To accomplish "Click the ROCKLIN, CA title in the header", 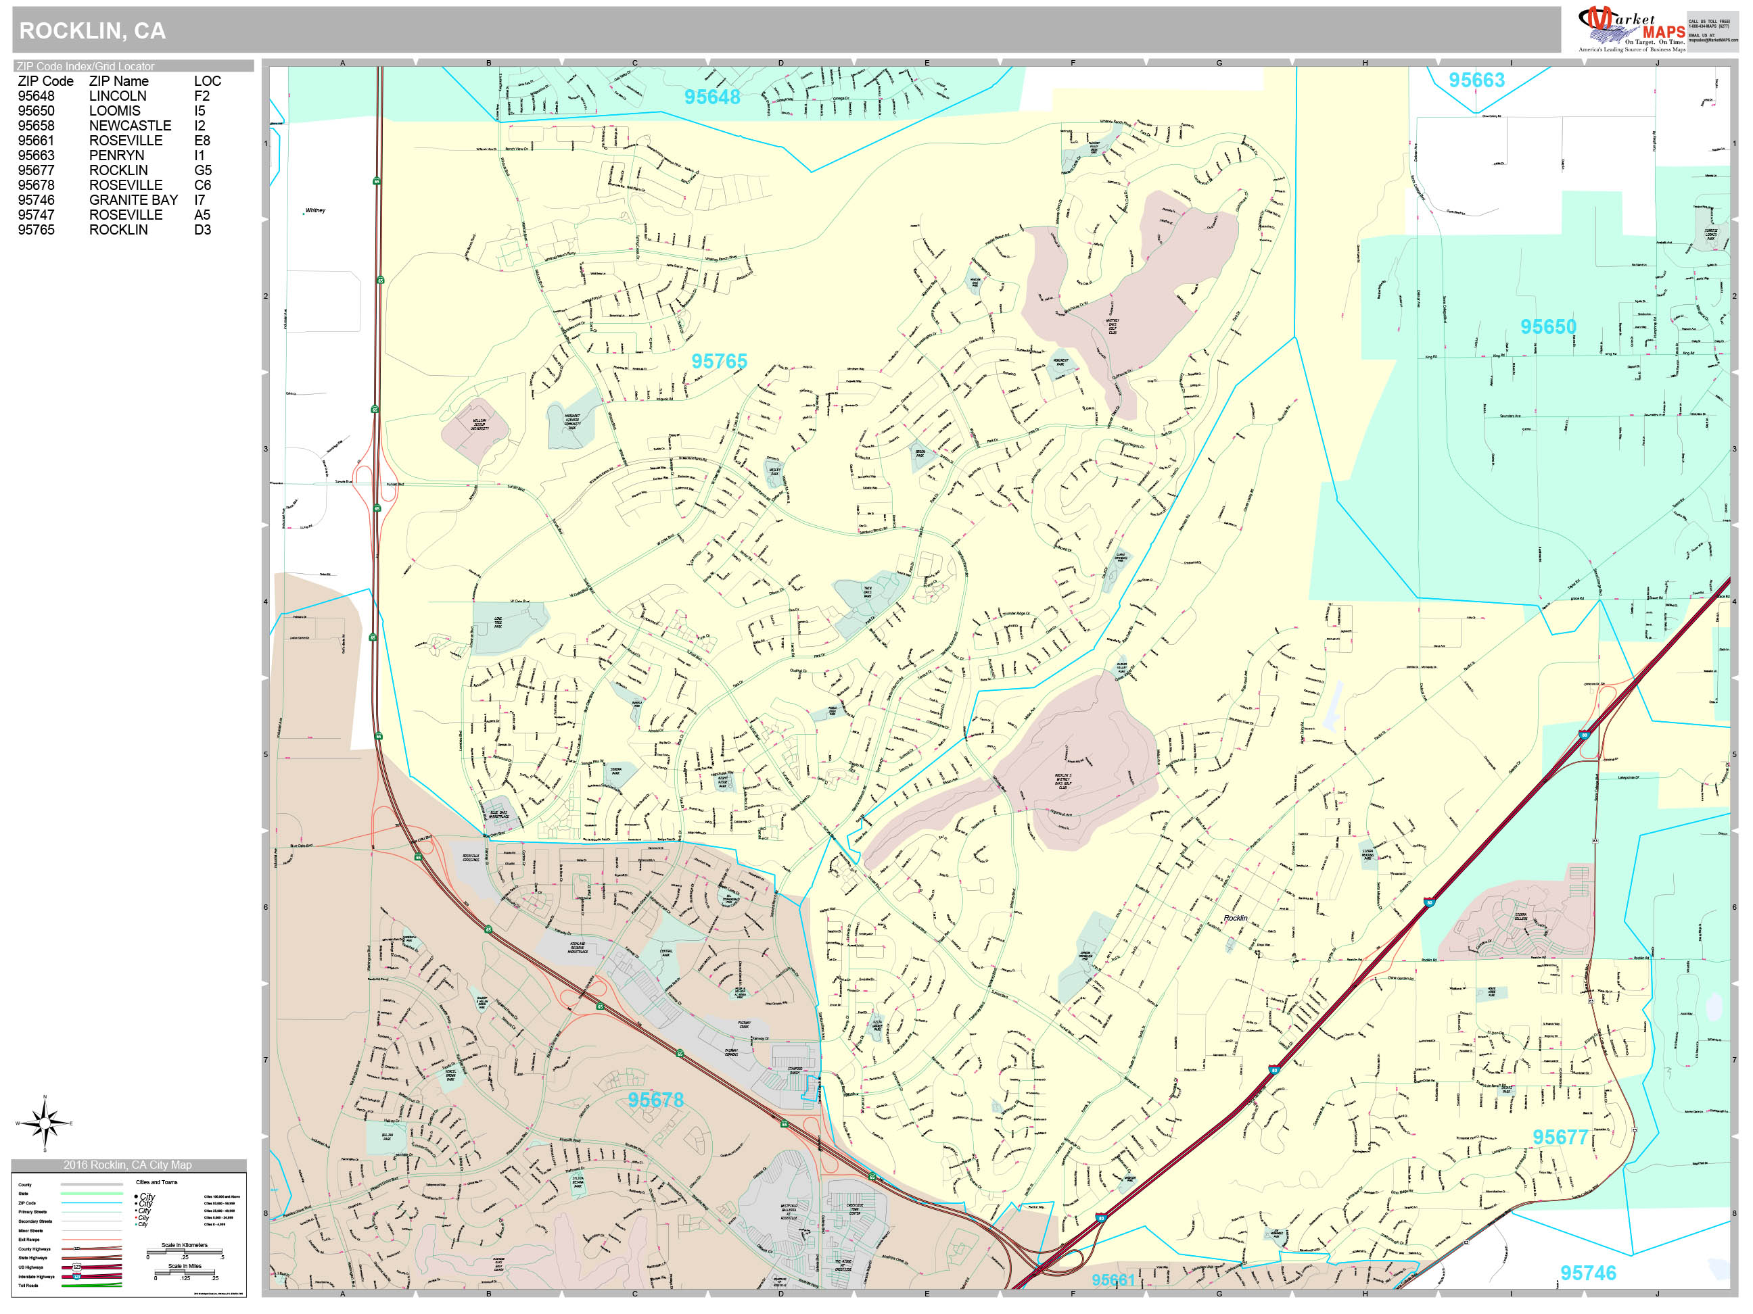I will (92, 31).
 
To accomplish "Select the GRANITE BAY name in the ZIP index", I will (133, 199).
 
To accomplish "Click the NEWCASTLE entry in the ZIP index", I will (130, 125).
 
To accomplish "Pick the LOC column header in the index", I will (207, 81).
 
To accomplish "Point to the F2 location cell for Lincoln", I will (202, 96).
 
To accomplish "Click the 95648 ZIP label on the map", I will (711, 97).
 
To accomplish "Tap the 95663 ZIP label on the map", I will (1476, 80).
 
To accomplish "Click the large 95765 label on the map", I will (719, 361).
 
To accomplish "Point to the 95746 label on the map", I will (1587, 1273).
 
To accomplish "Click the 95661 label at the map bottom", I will (1113, 1280).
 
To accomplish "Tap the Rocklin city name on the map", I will (1235, 918).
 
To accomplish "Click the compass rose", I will (45, 1123).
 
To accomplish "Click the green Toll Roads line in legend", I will (91, 1286).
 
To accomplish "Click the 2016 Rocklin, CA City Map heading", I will (128, 1165).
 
